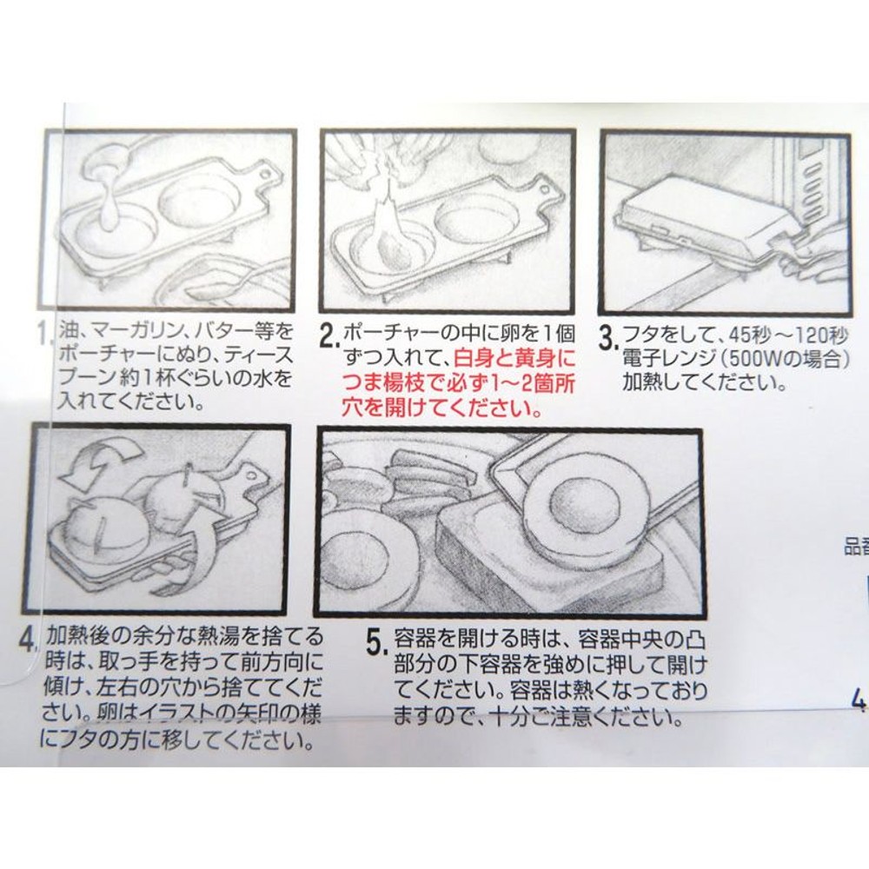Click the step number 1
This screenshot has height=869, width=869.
pos(45,333)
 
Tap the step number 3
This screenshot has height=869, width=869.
pos(607,335)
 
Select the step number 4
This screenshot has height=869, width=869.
pos(30,639)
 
